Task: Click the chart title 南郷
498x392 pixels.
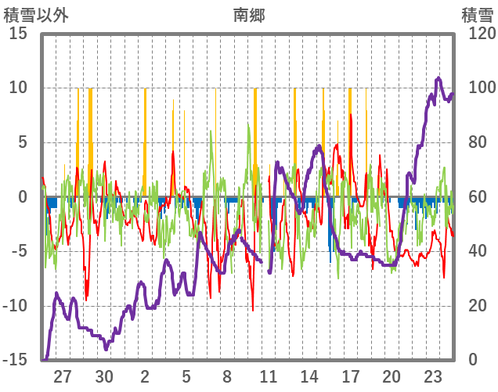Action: pos(248,14)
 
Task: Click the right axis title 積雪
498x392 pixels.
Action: pos(476,14)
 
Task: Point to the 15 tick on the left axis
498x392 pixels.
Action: pos(19,34)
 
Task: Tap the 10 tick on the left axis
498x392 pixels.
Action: pos(19,88)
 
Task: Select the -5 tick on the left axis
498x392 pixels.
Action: pos(19,251)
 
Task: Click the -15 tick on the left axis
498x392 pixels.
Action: pos(16,360)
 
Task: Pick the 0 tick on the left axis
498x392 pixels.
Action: pos(23,197)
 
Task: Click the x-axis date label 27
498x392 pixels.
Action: pos(63,375)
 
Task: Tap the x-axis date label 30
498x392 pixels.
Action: pos(104,375)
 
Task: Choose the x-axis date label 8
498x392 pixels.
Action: pos(227,375)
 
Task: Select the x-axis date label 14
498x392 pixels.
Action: pos(309,375)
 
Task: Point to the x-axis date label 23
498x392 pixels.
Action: pos(433,375)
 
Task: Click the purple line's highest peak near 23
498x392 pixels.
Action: pos(438,78)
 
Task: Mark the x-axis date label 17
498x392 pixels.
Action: pos(351,375)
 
